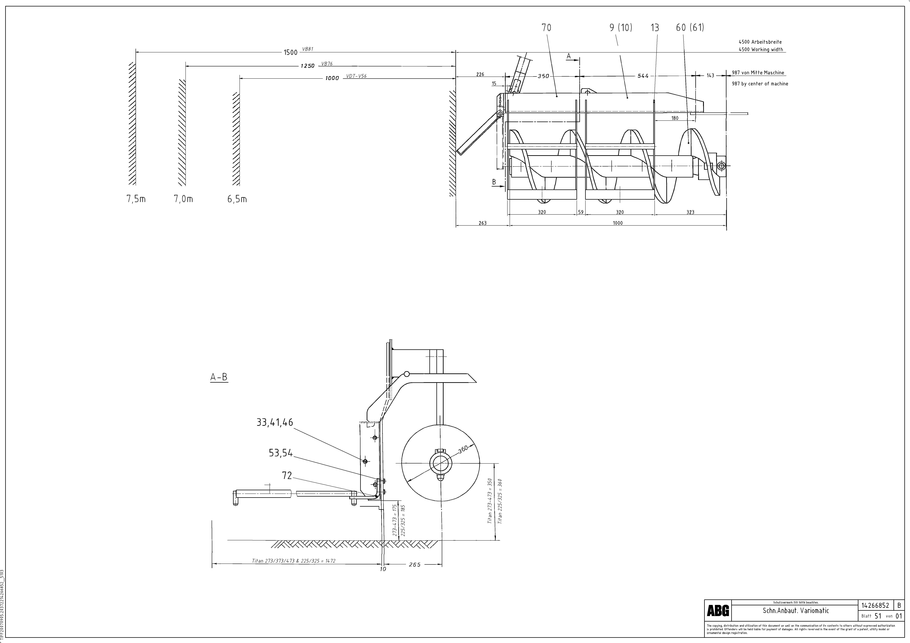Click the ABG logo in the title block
point(718,611)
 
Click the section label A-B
point(219,377)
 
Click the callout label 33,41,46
point(275,422)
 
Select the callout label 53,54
point(281,453)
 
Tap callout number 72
point(287,476)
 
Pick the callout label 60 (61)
point(690,28)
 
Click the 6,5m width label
point(237,199)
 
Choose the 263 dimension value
point(482,223)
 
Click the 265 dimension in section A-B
point(415,565)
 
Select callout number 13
point(655,28)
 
